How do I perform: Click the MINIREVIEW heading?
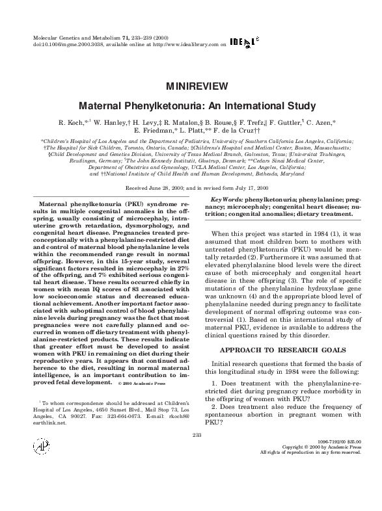196,86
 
